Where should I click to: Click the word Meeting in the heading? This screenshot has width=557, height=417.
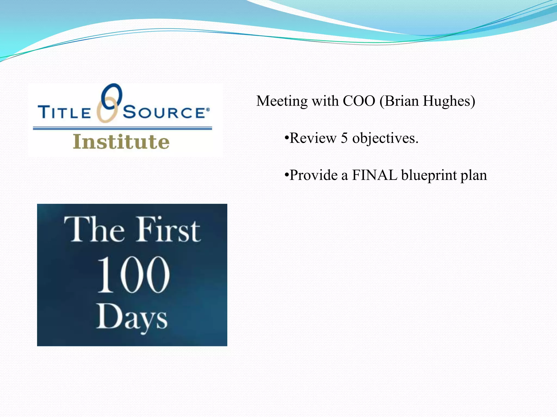tap(282, 101)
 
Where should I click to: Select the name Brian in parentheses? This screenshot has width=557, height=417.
tap(401, 101)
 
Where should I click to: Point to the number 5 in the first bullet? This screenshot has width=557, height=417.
tap(344, 138)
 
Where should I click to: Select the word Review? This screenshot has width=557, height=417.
tap(313, 138)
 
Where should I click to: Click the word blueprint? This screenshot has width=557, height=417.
tap(429, 175)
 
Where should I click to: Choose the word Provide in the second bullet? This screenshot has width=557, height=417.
tap(314, 175)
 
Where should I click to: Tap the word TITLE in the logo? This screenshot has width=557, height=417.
tap(64, 112)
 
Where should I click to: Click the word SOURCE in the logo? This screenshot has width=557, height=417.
tap(165, 112)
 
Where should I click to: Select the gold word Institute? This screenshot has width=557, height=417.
tap(121, 142)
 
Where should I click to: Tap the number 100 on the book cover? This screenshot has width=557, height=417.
tap(133, 275)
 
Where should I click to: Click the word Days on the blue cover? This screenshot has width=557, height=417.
tap(132, 318)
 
